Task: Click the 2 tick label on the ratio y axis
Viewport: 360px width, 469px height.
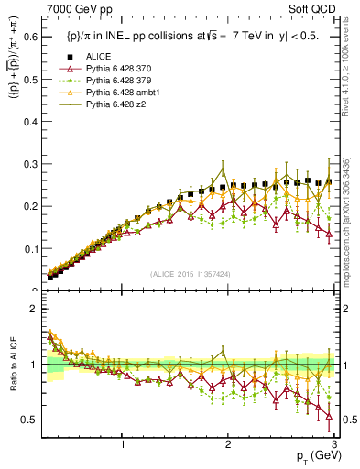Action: [35, 309]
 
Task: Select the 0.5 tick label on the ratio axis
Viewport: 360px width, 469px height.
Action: [31, 420]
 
